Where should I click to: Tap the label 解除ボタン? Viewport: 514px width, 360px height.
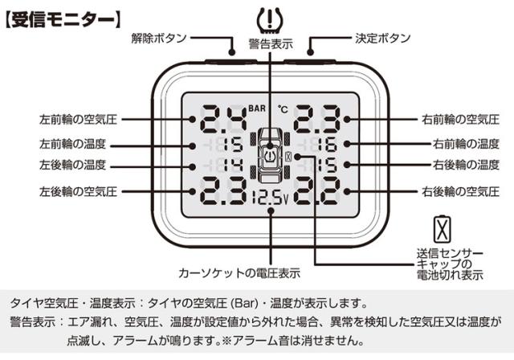[x=159, y=38]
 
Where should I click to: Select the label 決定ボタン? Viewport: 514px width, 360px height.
[x=383, y=38]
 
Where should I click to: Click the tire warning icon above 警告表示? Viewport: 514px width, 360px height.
[x=270, y=19]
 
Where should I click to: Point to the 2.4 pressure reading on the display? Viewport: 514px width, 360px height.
[x=223, y=119]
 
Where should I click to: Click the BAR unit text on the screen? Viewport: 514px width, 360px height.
[x=257, y=108]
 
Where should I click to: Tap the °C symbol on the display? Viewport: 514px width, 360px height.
[x=283, y=108]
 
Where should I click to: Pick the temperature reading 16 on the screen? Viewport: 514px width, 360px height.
[x=327, y=145]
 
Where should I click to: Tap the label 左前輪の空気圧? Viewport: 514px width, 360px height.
[x=78, y=120]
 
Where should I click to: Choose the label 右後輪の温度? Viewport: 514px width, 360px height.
[x=466, y=165]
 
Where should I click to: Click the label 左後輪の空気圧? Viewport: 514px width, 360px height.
[x=78, y=191]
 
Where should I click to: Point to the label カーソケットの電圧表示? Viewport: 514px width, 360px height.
[x=239, y=272]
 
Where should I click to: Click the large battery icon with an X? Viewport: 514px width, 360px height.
[x=443, y=229]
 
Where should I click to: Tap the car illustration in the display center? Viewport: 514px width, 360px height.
[x=270, y=155]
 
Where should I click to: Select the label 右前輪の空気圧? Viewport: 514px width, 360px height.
[x=460, y=120]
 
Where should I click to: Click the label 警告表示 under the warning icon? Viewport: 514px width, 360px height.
[x=271, y=44]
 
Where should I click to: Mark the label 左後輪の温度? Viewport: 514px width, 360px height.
[x=72, y=165]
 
